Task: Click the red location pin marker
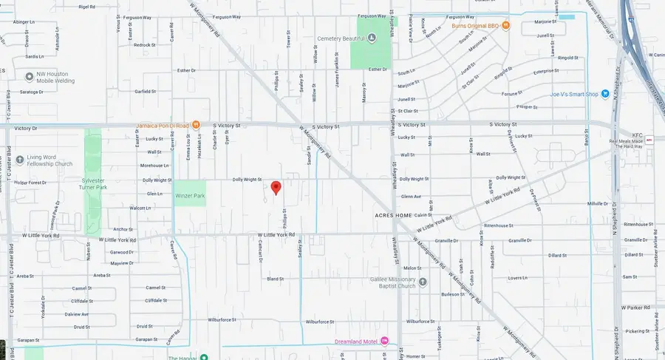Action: pos(276,188)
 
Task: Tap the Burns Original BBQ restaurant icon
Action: pos(506,26)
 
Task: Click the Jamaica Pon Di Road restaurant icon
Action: pos(196,125)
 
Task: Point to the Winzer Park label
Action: pos(190,195)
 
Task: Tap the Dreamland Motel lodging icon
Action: pos(384,342)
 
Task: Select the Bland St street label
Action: pos(275,279)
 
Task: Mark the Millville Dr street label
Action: pos(596,203)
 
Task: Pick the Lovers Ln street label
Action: pos(536,278)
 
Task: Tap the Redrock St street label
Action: pos(144,45)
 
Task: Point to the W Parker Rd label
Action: pos(635,307)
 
